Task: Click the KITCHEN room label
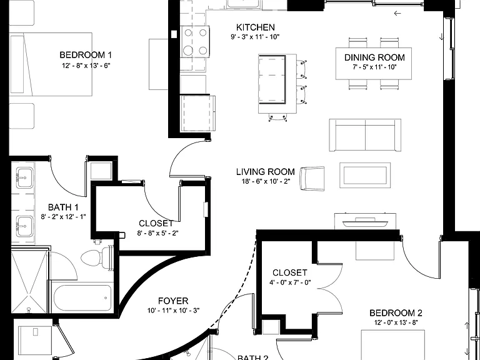(255, 27)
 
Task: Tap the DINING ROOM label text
(374, 57)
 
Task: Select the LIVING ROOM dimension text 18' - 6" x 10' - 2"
(266, 181)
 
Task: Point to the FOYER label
(173, 301)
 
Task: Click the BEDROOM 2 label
(396, 313)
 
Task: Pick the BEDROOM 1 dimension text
(86, 66)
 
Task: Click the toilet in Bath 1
(97, 257)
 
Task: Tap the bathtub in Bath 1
(82, 298)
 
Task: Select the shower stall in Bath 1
(30, 282)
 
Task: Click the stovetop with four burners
(195, 42)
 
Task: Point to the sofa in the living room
(365, 135)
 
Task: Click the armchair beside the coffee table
(312, 179)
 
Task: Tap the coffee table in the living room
(365, 176)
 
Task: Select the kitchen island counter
(277, 84)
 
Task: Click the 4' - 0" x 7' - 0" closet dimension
(290, 282)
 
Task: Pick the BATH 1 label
(63, 207)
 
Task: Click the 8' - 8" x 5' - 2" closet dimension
(157, 233)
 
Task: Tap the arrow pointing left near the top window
(397, 13)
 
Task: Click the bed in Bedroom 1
(51, 64)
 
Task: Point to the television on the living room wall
(365, 223)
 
